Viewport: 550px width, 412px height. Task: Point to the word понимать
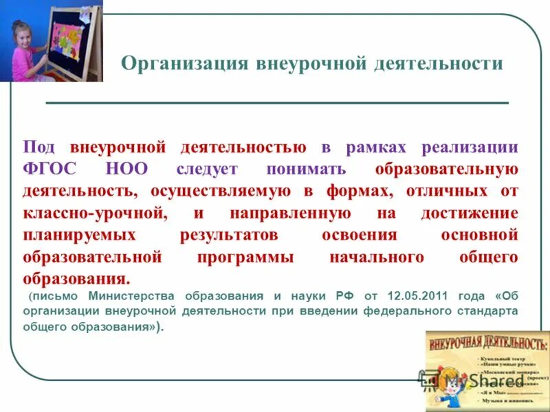coord(307,169)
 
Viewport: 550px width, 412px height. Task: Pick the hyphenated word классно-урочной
coord(96,213)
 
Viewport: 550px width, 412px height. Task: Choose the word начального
coord(377,257)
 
